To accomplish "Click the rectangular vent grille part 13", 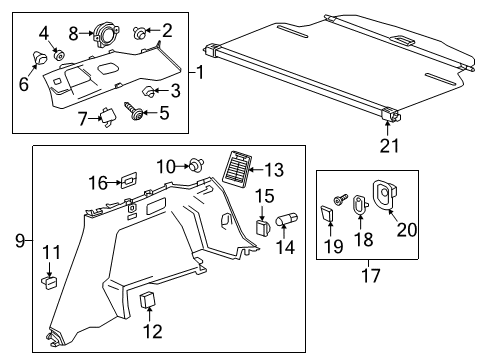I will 239,166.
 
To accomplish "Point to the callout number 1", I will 200,73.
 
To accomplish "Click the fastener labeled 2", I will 138,33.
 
